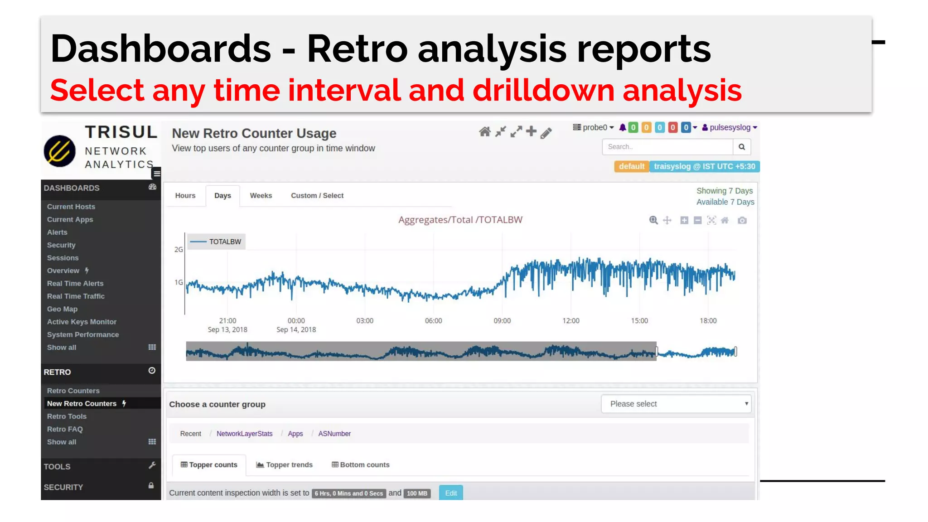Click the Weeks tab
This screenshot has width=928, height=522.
tap(261, 196)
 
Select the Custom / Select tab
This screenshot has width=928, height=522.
tap(317, 196)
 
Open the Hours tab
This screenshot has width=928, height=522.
tap(185, 196)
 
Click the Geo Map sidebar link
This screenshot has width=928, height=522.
tap(62, 309)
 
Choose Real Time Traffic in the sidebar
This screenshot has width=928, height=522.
tap(76, 296)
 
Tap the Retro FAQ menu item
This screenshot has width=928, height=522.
tap(65, 429)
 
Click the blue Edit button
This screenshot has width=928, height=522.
tap(450, 493)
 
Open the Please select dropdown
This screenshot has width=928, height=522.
tap(676, 404)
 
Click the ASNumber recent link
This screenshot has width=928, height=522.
tap(334, 434)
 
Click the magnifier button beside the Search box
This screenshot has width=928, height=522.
tap(741, 147)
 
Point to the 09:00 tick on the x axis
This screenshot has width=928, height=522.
tap(502, 321)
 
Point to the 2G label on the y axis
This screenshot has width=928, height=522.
tap(179, 250)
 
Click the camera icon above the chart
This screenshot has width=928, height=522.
tap(742, 221)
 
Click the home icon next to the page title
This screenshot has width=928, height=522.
tap(484, 132)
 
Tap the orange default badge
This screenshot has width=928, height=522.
tap(631, 166)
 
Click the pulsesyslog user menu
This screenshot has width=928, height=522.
tap(730, 128)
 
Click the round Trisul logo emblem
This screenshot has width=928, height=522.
tap(60, 151)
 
